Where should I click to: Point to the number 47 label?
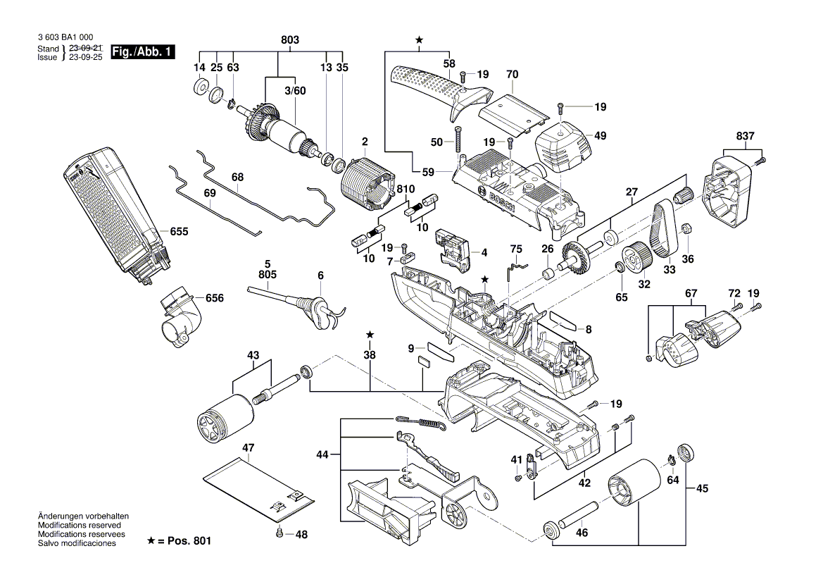(248, 447)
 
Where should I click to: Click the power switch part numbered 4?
(453, 249)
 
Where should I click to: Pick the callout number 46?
(582, 533)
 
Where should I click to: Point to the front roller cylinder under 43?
(223, 420)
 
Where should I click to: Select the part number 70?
(512, 74)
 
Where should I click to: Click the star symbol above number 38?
(370, 333)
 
